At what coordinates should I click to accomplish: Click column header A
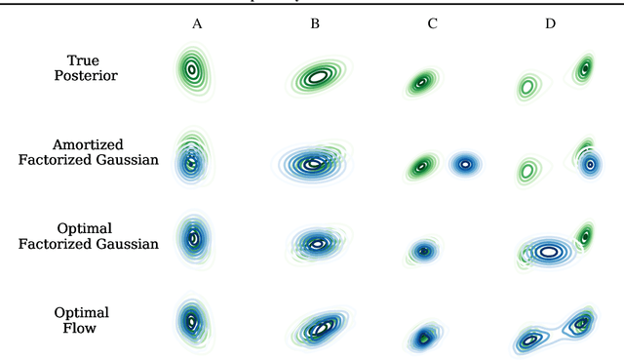[197, 22]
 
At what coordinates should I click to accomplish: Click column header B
[315, 22]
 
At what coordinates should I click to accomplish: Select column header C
[432, 22]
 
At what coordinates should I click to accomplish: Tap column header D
[550, 22]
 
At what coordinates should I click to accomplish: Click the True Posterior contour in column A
[193, 70]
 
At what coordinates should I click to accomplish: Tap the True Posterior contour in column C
[421, 82]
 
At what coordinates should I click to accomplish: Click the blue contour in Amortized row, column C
[466, 165]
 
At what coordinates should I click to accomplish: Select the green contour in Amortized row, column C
[421, 167]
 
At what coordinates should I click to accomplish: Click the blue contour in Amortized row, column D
[590, 165]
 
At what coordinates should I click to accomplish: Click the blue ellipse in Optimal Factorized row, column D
[548, 251]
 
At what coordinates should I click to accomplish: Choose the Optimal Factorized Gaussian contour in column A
[193, 237]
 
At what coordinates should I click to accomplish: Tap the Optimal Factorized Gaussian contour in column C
[423, 251]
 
